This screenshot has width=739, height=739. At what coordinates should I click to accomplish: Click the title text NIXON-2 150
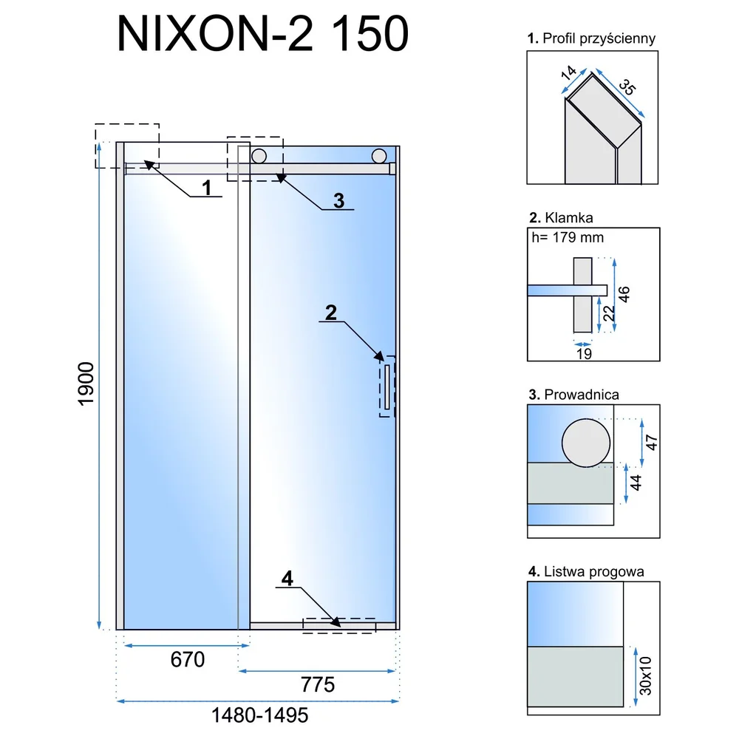[x=262, y=33]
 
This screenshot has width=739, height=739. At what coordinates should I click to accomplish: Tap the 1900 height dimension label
[x=86, y=384]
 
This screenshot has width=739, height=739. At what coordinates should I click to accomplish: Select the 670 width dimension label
[x=188, y=659]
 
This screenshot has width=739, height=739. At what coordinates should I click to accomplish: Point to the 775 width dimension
[x=318, y=684]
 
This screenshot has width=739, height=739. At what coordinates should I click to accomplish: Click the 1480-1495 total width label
[x=259, y=715]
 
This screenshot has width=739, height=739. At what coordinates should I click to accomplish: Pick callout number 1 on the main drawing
[x=207, y=188]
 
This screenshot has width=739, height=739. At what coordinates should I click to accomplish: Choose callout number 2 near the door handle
[x=331, y=313]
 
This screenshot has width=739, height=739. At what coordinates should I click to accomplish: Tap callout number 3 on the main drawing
[x=339, y=201]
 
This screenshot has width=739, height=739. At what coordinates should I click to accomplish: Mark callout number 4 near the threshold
[x=287, y=579]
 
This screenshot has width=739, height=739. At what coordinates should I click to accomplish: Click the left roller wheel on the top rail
[x=259, y=155]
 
